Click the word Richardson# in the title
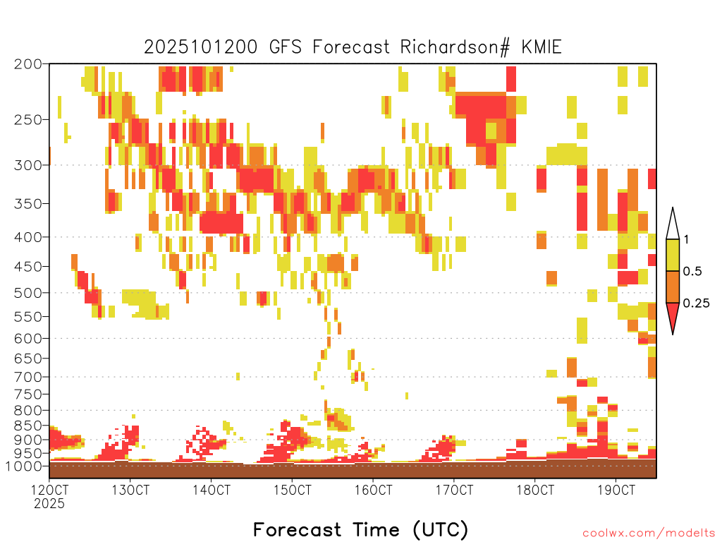coord(455,47)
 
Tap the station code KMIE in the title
coord(541,47)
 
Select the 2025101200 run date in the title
coord(201,47)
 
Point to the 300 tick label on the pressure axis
coord(27,165)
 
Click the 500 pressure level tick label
coord(27,293)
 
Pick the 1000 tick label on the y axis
coord(23,466)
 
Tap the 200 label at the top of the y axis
coord(27,64)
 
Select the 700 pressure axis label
coord(27,377)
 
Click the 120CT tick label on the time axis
coord(49,490)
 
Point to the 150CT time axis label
coord(292,490)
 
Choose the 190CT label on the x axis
coord(616,490)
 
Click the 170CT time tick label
coord(454,490)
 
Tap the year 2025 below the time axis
coord(49,503)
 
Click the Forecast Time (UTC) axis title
coord(360,529)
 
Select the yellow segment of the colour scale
coord(673,255)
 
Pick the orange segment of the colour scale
coord(673,287)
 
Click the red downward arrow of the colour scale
coord(673,316)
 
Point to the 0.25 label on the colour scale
coord(696,303)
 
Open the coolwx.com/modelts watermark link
coord(649,534)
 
